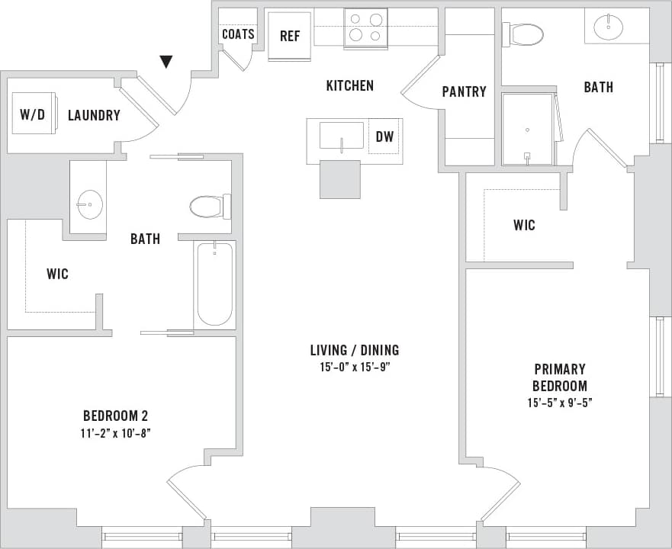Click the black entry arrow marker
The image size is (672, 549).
pos(166,62)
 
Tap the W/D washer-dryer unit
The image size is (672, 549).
pos(34,114)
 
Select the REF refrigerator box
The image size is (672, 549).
pos(290,36)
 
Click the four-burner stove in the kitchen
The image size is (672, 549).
pos(366,28)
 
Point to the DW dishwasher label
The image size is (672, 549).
pos(384,137)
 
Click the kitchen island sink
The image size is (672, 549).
pos(341,136)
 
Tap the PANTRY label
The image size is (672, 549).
pos(464,91)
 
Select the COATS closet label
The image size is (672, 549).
pos(237,34)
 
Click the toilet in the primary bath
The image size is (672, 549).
pos(524,34)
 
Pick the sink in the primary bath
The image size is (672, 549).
pos(608,28)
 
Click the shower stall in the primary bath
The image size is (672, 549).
pos(527,129)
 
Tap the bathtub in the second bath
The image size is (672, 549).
pos(214,284)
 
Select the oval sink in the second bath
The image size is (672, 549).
pos(89,204)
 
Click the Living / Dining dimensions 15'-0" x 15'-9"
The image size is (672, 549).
pos(354,368)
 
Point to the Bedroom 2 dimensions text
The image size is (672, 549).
pos(115,433)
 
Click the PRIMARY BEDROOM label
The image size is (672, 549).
pos(559,377)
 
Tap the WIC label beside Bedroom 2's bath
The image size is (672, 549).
pos(57,273)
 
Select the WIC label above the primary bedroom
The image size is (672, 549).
pos(524,225)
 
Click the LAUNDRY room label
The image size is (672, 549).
pos(94,116)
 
